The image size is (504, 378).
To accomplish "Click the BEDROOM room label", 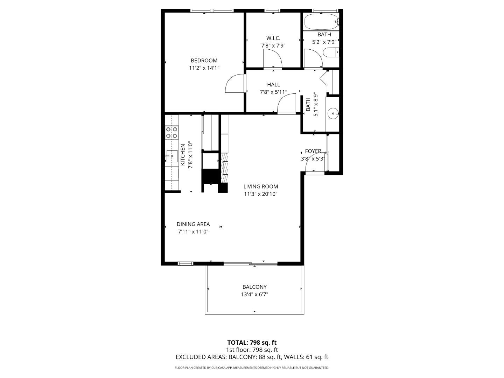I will pos(204,61).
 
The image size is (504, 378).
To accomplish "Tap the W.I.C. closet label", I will pos(273,38).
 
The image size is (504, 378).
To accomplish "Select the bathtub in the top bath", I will pos(321,22).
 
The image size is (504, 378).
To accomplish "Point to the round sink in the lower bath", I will pos(332,113).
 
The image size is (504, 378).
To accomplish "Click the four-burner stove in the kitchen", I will pos(171,133).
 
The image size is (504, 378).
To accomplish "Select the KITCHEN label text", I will pos(183,155).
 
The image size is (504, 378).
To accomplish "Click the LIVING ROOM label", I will pos(261,187).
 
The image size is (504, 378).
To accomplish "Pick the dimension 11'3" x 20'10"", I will pos(261,194).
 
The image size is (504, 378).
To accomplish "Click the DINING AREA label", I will pos(193,224).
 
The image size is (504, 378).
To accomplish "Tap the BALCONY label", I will pos(254,287).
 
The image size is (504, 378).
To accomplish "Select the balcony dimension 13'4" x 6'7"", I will pos(254,295).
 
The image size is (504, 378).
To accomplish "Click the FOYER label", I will pos(313,151).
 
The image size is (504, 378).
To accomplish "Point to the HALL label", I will pos(273,85).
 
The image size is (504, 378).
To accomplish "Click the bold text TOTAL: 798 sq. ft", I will pos(252,343).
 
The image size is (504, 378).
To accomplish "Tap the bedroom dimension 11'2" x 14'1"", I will pos(204,68).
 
